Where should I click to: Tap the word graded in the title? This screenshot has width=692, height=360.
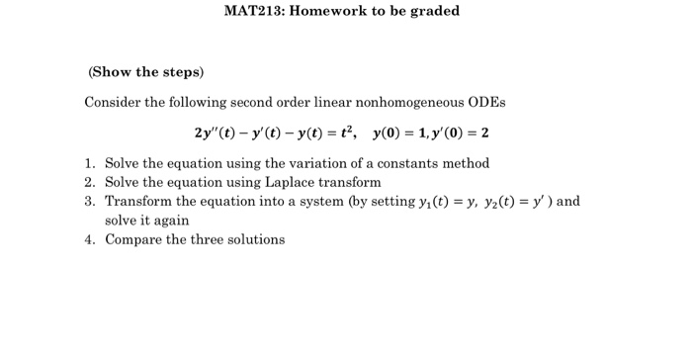(431, 12)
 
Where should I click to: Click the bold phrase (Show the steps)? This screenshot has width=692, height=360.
(146, 72)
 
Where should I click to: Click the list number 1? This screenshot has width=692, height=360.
(89, 163)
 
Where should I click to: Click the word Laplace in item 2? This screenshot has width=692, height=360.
(293, 182)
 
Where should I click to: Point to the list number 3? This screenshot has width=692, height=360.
(89, 201)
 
